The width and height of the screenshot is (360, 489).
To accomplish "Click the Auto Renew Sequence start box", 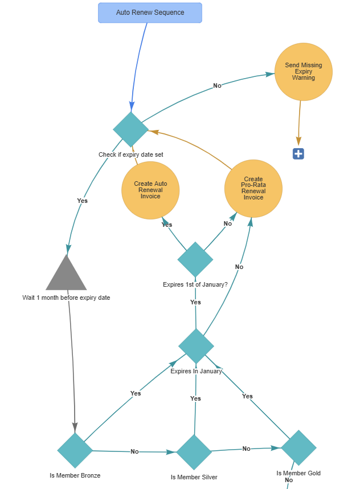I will click(150, 13).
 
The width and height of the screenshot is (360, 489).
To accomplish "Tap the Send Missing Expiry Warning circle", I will click(303, 72).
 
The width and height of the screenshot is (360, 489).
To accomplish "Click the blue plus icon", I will click(298, 153).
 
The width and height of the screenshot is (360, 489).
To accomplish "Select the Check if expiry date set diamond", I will click(131, 129).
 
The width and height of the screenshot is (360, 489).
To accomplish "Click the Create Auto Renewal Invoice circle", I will click(150, 190).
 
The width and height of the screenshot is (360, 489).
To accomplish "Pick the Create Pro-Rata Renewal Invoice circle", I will click(253, 189).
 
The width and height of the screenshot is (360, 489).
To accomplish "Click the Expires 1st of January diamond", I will click(195, 259).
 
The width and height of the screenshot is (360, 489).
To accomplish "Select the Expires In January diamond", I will click(196, 345).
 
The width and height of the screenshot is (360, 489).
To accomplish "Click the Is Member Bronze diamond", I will click(75, 450).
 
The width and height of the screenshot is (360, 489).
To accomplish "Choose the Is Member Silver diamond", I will click(194, 452).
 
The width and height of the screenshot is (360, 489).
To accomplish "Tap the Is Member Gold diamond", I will click(298, 447).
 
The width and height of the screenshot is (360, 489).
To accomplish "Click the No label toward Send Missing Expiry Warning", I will click(217, 85).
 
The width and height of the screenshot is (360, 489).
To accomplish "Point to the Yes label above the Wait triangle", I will click(82, 201).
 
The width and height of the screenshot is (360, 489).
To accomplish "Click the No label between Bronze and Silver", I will click(134, 451).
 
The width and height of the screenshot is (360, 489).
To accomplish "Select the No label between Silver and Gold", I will click(246, 449).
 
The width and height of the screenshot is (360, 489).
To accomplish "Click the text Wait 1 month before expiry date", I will click(66, 298).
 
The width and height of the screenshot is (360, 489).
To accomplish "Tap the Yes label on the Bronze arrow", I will click(135, 393).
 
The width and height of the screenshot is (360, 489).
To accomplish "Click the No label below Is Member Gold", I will click(288, 480).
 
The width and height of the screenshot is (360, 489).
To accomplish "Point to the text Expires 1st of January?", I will click(195, 284).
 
